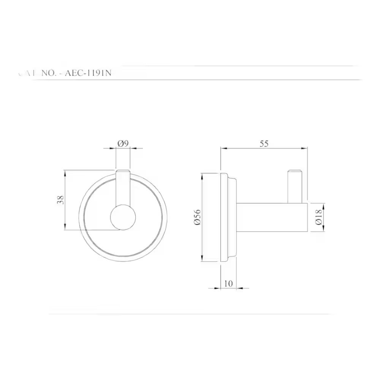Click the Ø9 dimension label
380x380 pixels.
[x=123, y=143]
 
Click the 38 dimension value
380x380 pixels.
[x=60, y=200]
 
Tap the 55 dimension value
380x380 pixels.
[x=264, y=143]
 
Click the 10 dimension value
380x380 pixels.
[x=228, y=283]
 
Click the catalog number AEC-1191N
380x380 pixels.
[x=89, y=73]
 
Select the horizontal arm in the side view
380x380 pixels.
[x=272, y=217]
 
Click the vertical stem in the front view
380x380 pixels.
[x=123, y=188]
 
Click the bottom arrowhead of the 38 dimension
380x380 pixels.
[x=66, y=227]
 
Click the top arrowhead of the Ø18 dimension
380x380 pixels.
[x=324, y=204]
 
